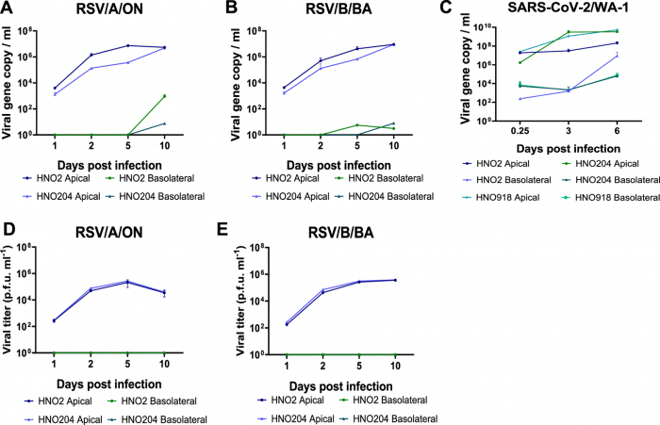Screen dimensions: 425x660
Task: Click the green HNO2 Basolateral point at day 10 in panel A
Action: click(x=165, y=96)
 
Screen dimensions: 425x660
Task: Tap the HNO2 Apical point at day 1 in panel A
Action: click(x=55, y=88)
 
